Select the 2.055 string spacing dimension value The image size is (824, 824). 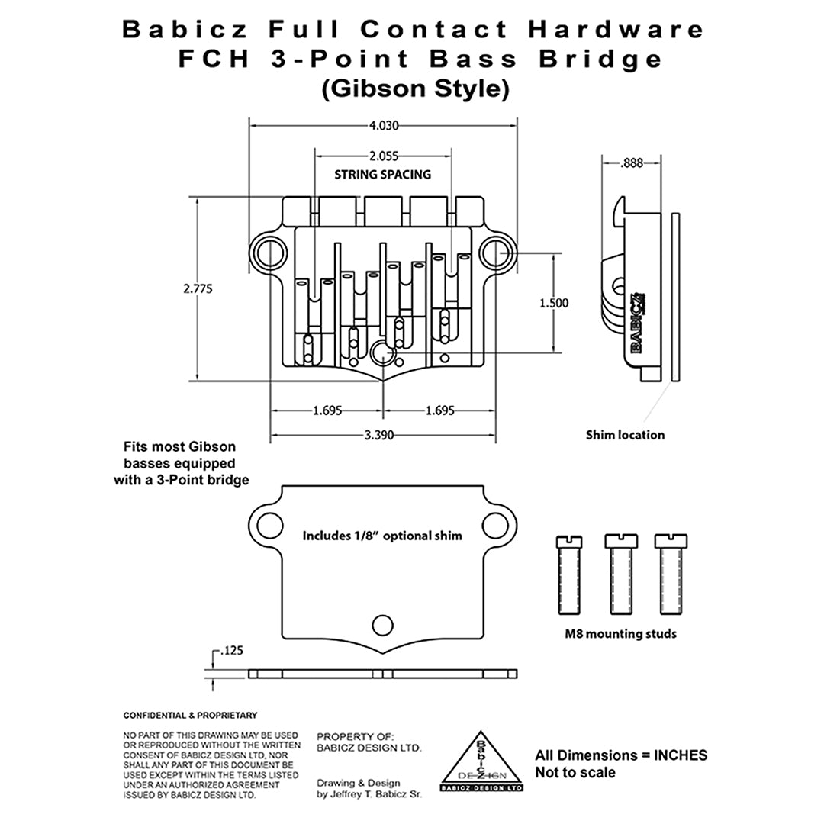pos(383,156)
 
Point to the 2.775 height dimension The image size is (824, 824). pos(198,289)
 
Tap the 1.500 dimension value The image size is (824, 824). pos(553,303)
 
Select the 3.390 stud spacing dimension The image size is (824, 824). pos(383,436)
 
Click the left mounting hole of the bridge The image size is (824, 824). pos(269,248)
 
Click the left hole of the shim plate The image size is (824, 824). pos(269,524)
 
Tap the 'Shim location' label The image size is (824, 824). pos(625,435)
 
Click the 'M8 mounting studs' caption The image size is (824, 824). pos(620,633)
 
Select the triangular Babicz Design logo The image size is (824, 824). pos(481,763)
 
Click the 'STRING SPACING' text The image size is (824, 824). pos(382,175)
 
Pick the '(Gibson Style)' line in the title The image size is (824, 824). pos(414,89)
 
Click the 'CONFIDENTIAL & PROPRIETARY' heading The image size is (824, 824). pos(190,716)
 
